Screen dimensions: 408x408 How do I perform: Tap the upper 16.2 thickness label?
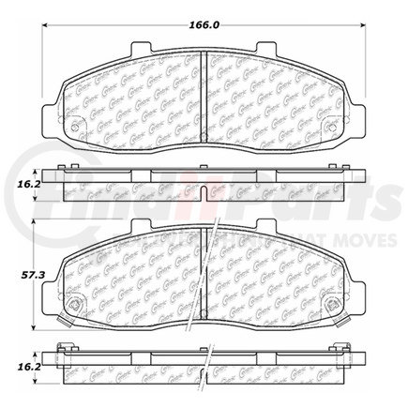[x=18, y=188]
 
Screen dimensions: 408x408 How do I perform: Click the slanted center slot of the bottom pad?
[x=212, y=277]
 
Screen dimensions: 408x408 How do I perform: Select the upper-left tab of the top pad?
[x=142, y=47]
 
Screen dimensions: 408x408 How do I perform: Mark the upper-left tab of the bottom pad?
[x=142, y=228]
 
